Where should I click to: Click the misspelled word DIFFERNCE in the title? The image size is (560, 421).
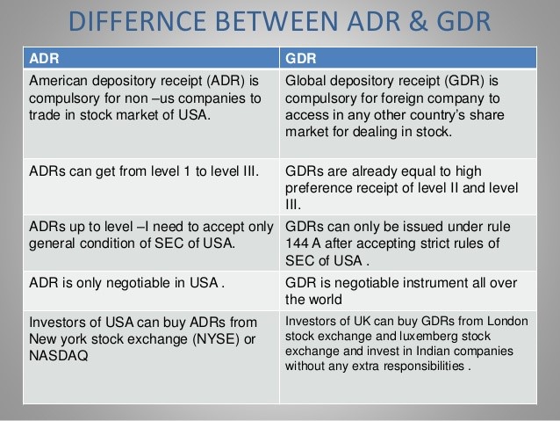click(x=137, y=21)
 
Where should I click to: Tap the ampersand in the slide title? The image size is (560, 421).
click(x=418, y=21)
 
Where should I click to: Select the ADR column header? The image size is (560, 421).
click(x=44, y=58)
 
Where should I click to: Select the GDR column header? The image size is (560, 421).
click(x=301, y=58)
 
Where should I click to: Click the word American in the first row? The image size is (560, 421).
click(x=58, y=81)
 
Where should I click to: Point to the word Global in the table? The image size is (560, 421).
click(x=305, y=81)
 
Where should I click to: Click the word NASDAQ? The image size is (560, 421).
click(x=59, y=356)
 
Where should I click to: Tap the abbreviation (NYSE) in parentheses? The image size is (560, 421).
click(x=216, y=338)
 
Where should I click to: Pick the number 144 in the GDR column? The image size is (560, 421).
click(x=297, y=243)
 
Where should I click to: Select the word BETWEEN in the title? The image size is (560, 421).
click(x=276, y=21)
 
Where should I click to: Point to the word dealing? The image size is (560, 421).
click(x=375, y=132)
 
